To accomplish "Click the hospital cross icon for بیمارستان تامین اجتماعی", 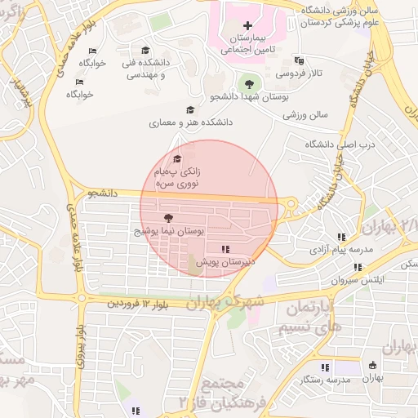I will [248, 27].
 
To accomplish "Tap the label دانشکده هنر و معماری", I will [190, 122].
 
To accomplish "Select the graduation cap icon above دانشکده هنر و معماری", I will [190, 109].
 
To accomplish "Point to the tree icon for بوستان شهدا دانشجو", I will [247, 83].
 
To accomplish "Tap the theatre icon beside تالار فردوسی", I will [299, 60].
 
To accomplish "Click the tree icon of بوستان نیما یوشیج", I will [168, 218].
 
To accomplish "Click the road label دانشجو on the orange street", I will [104, 193].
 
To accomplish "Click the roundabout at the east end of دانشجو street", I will [291, 204].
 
